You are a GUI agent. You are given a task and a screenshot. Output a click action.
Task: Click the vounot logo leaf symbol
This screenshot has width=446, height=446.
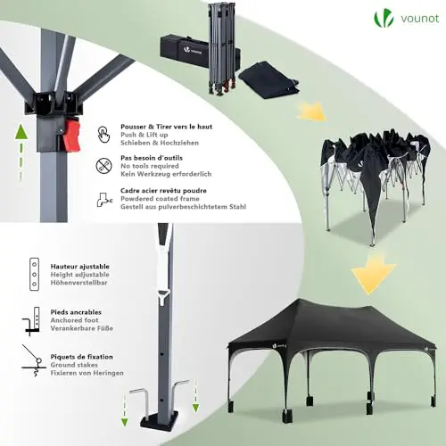pos(384,19)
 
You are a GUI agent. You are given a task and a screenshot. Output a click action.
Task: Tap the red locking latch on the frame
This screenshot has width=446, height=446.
pos(71,134)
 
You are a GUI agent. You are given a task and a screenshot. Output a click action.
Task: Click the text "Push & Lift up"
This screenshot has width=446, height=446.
pos(145,135)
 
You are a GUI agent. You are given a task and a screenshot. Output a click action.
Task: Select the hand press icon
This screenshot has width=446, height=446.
pos(103,135)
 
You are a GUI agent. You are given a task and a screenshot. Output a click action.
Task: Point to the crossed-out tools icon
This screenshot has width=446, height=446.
pos(103,166)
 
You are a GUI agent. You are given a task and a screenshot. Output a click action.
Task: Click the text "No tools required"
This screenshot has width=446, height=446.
pos(150,166)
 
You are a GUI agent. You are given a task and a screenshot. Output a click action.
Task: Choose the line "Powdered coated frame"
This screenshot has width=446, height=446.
pos(160,199)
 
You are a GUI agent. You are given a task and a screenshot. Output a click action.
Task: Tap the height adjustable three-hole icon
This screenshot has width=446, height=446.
pos(34,274)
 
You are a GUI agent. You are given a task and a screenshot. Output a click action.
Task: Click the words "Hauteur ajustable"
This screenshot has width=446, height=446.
pos(80,267)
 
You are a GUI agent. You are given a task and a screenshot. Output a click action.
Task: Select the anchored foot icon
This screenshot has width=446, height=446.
pos(31,321)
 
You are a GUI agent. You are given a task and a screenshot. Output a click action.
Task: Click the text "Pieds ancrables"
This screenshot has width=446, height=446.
pos(76,312)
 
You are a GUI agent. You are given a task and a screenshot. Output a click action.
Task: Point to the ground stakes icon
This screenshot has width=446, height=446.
pos(33,360)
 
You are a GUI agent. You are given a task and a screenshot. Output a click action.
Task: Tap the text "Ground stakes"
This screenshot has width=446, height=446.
pos(74,365)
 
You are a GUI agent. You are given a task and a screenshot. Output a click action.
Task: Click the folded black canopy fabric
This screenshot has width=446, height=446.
pos(268,80)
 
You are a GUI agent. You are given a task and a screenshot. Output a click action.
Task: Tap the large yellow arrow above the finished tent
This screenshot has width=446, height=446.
pos(373,275)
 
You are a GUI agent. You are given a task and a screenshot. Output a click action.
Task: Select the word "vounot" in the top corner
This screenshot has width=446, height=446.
pos(419,19)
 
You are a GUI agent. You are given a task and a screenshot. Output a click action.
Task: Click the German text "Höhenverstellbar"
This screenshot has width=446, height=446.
pos(78,283)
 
